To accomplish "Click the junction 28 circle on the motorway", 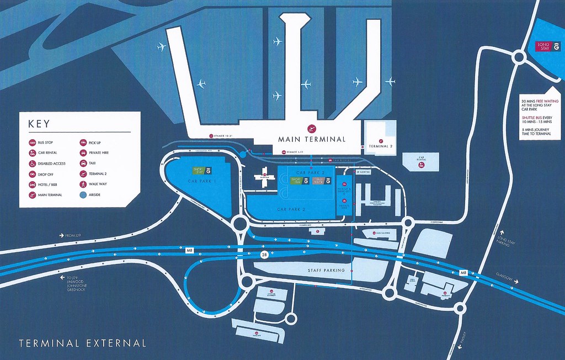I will coord(265,255).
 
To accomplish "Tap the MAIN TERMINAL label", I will coord(312,139).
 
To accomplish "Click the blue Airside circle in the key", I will coord(83,195).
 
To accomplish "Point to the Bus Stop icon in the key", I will coord(33,143).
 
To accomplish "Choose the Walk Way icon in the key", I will coord(83,184).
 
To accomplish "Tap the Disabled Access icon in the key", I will coord(33,163).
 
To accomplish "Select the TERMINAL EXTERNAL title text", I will coord(83,343).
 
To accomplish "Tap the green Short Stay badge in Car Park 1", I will coord(199,172).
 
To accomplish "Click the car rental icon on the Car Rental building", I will coord(422,166).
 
